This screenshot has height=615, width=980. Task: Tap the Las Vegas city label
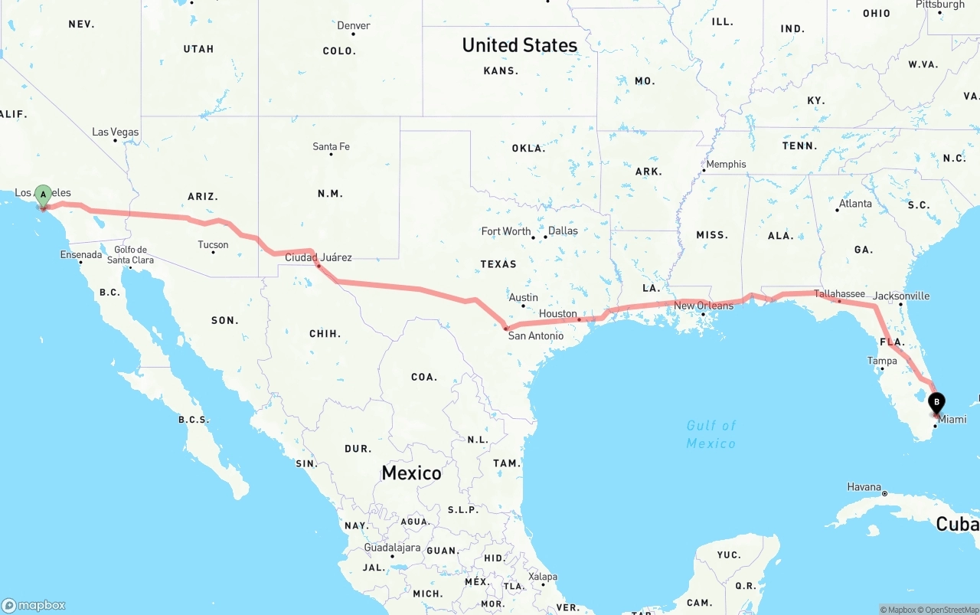[x=116, y=132]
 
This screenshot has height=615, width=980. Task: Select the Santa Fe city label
[x=331, y=146]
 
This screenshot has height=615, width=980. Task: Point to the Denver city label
[x=354, y=25]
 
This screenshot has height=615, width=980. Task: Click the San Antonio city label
[x=536, y=335]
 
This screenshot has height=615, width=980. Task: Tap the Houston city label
[x=557, y=314]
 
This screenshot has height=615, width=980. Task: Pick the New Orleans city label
[x=704, y=306]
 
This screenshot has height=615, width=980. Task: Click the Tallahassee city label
[x=839, y=293]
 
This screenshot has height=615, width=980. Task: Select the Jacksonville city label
[x=901, y=296]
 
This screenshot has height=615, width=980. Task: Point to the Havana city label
[x=864, y=487]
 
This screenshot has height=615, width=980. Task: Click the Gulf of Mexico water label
[x=711, y=434]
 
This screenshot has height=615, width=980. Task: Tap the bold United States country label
[x=519, y=45]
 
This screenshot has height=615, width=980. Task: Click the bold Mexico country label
[x=411, y=473]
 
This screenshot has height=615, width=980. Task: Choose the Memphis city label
[x=726, y=164]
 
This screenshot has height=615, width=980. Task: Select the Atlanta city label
[x=855, y=204]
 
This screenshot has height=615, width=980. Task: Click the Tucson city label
[x=213, y=245]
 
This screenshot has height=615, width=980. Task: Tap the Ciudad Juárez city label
[x=318, y=257]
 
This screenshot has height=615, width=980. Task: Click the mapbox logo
[x=34, y=605]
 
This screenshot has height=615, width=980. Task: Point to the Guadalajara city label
[x=392, y=548]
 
